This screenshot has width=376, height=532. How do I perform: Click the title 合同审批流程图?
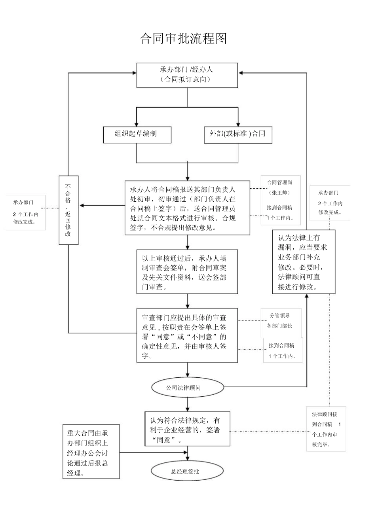[x=183, y=39]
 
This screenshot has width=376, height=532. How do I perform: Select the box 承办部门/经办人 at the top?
[x=187, y=75]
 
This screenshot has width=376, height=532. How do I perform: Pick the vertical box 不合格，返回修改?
[x=68, y=210]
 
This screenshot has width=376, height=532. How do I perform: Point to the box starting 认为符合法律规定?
[x=187, y=429]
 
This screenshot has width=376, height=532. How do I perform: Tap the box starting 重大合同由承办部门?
[x=91, y=452]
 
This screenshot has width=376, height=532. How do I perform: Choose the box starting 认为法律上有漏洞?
[x=304, y=262]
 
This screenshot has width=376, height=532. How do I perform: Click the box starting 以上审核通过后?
[x=187, y=271]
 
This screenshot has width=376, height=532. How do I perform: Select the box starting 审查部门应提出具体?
[x=187, y=335]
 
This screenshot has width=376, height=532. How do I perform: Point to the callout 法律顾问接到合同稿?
[x=326, y=429]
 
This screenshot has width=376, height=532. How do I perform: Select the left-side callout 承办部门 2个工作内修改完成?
[x=26, y=212]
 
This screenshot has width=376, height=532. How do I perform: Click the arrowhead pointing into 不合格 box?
[x=82, y=206]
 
